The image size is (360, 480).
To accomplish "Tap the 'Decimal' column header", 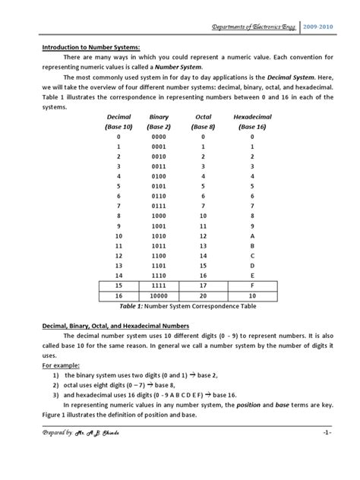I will click(x=119, y=118).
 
